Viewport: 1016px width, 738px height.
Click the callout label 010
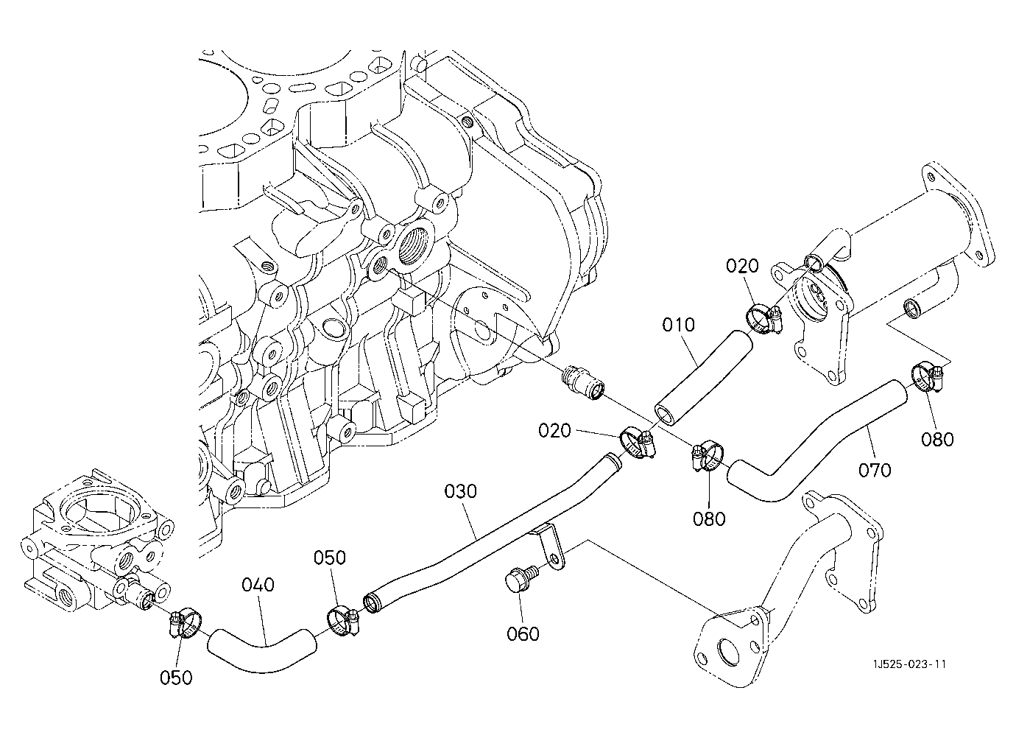click(x=678, y=325)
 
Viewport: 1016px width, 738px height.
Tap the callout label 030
click(x=460, y=491)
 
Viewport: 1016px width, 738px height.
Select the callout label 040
click(x=258, y=585)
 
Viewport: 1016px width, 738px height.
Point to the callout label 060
click(x=523, y=634)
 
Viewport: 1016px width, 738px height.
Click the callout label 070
click(x=875, y=470)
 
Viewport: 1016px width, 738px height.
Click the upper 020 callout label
click(x=742, y=266)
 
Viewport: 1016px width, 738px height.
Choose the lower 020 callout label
click(x=554, y=430)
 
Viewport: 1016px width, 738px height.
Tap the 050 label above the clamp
click(x=330, y=558)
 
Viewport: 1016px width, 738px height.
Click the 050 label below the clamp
click(x=176, y=678)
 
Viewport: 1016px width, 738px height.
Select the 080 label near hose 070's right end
click(x=937, y=440)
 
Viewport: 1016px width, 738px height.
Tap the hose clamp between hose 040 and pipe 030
click(x=343, y=620)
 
